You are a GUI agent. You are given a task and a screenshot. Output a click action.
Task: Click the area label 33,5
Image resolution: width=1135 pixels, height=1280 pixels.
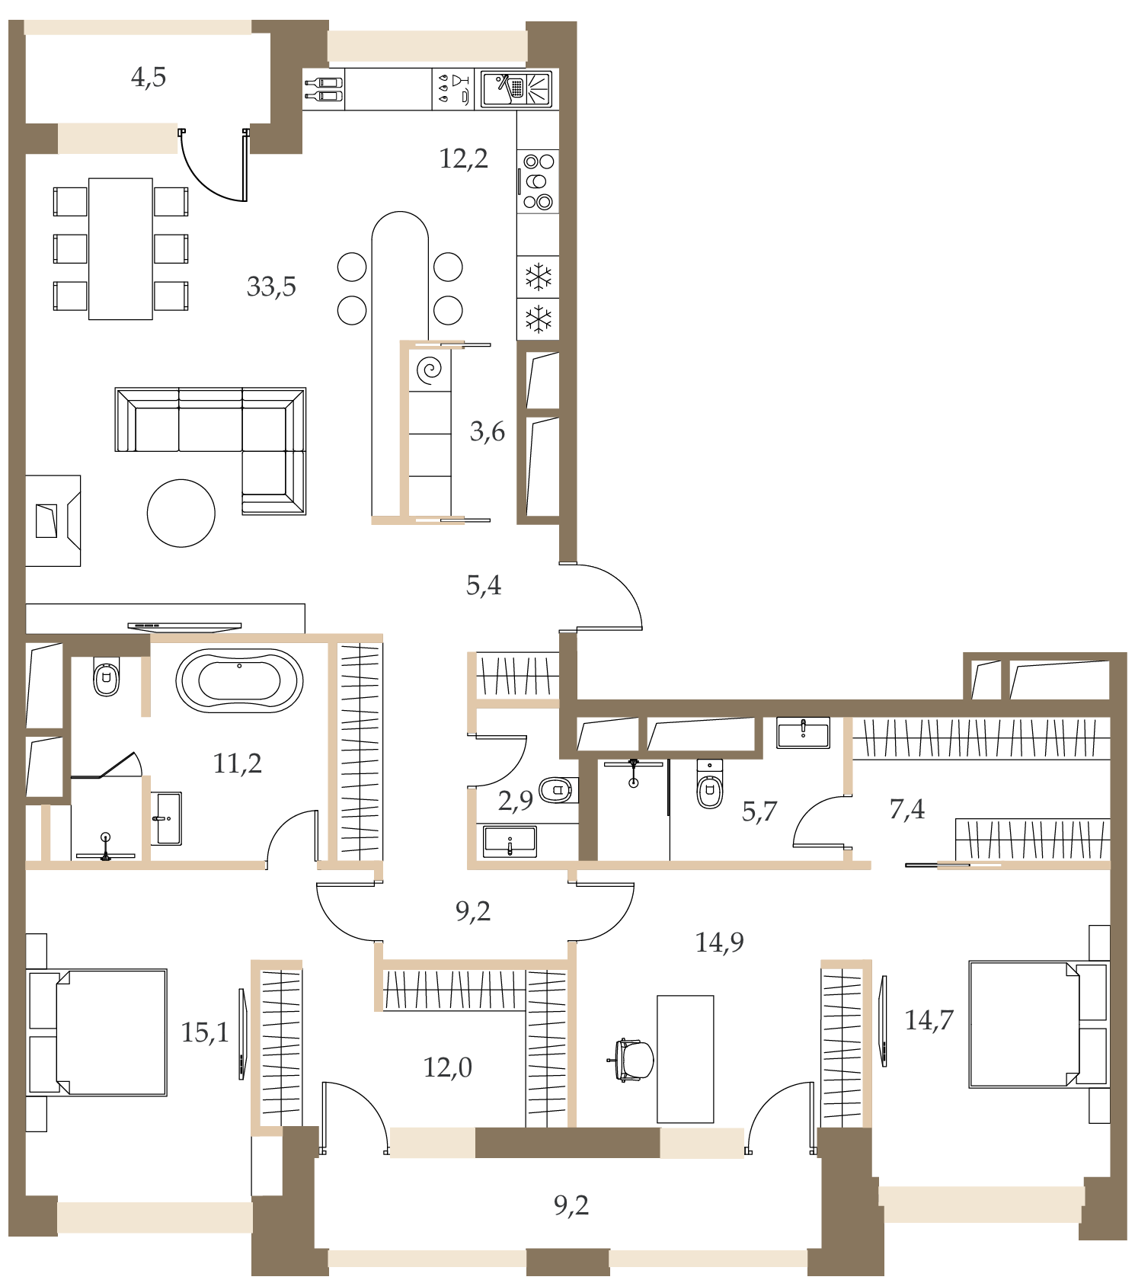click(271, 287)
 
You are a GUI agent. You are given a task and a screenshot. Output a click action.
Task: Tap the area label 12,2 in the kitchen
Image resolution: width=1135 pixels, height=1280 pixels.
click(463, 158)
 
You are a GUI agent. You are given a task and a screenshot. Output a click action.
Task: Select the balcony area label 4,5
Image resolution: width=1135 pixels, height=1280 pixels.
click(149, 77)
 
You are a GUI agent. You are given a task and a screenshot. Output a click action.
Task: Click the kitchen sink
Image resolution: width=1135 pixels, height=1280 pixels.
click(516, 89)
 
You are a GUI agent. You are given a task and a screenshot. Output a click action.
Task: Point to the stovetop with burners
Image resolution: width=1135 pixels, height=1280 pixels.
click(538, 181)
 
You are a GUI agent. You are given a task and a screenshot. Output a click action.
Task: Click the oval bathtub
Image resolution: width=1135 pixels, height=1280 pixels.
click(239, 680)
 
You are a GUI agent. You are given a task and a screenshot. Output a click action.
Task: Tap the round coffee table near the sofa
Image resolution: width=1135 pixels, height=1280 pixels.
click(181, 513)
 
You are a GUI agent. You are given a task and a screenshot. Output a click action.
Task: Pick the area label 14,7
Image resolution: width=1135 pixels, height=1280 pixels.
click(929, 1020)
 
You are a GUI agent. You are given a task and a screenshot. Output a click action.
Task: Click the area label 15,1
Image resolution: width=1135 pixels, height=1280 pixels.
click(205, 1032)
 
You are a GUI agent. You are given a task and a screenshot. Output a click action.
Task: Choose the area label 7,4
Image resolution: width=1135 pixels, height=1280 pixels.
click(907, 809)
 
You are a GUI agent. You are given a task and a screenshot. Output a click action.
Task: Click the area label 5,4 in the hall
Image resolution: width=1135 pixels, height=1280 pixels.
click(484, 585)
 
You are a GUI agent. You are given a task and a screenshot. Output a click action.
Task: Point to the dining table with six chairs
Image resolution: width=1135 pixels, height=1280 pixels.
click(120, 248)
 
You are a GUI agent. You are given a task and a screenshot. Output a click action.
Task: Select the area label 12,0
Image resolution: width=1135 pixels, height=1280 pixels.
click(447, 1067)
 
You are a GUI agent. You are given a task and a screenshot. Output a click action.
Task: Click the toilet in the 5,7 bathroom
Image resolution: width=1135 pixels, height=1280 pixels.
click(710, 784)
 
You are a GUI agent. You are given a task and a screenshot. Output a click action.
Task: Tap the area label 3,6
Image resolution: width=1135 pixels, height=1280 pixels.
click(488, 432)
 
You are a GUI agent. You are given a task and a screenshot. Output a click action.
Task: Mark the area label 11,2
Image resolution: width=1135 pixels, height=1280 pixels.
click(237, 763)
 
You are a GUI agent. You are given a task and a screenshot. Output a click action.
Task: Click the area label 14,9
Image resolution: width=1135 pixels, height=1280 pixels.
click(719, 943)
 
